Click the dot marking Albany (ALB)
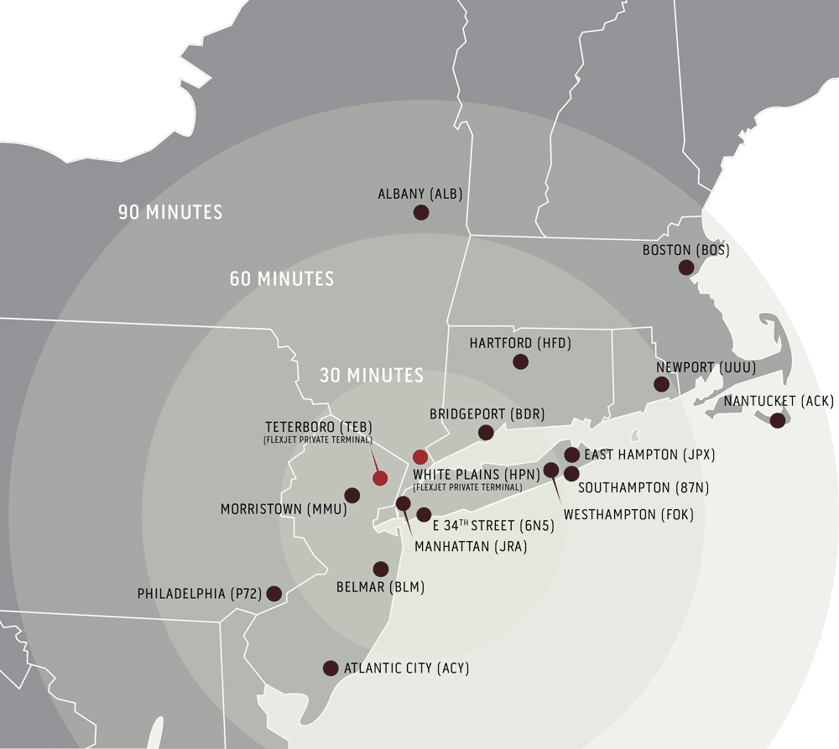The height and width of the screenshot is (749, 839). [421, 212]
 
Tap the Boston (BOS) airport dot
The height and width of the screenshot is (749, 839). [686, 268]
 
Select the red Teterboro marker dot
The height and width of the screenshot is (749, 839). [380, 478]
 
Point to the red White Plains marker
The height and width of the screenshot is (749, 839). [420, 457]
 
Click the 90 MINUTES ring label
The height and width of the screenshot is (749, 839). [170, 211]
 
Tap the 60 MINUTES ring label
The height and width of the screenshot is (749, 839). [282, 278]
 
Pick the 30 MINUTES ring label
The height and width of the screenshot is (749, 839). [372, 375]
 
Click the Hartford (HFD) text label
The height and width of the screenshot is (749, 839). [520, 344]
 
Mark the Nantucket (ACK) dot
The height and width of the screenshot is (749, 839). [778, 420]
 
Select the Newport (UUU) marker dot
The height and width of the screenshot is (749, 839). [661, 384]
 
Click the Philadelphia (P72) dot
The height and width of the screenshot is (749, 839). [274, 593]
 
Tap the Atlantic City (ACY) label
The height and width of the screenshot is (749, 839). [407, 668]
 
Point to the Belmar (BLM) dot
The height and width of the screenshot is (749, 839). [380, 569]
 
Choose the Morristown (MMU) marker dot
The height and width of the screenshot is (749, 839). [352, 495]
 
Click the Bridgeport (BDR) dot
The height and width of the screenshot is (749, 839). [486, 432]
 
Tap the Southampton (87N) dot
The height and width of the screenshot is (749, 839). [571, 473]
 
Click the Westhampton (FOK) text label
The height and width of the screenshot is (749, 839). [628, 514]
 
